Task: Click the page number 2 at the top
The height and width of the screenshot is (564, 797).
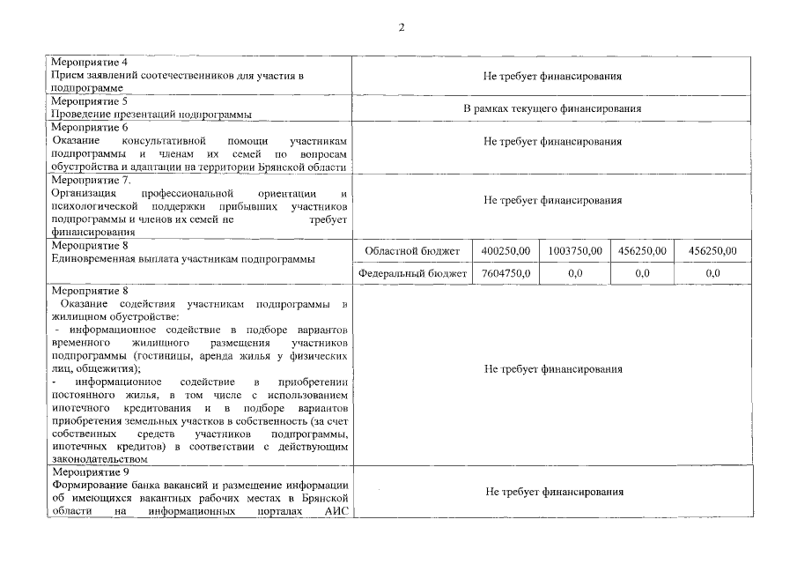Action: click(x=402, y=27)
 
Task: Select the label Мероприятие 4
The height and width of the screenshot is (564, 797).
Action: click(x=89, y=63)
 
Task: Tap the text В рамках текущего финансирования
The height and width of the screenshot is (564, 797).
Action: click(x=552, y=108)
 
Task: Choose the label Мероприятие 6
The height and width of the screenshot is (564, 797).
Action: click(x=89, y=128)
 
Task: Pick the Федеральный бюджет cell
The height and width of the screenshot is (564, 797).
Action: click(x=412, y=274)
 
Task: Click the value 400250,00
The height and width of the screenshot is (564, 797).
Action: click(x=505, y=252)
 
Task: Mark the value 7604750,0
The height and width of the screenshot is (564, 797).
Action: click(x=505, y=274)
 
